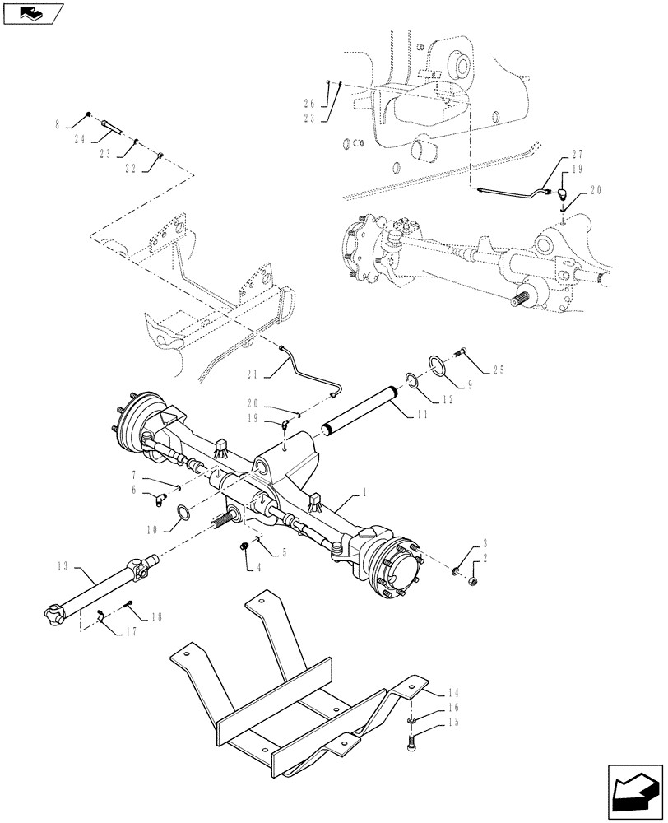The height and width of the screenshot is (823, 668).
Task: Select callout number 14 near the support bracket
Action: (456, 694)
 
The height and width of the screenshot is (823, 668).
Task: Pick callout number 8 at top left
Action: (58, 124)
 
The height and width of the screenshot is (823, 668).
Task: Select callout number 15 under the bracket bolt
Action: (456, 724)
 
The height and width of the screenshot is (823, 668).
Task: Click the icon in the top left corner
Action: (33, 12)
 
